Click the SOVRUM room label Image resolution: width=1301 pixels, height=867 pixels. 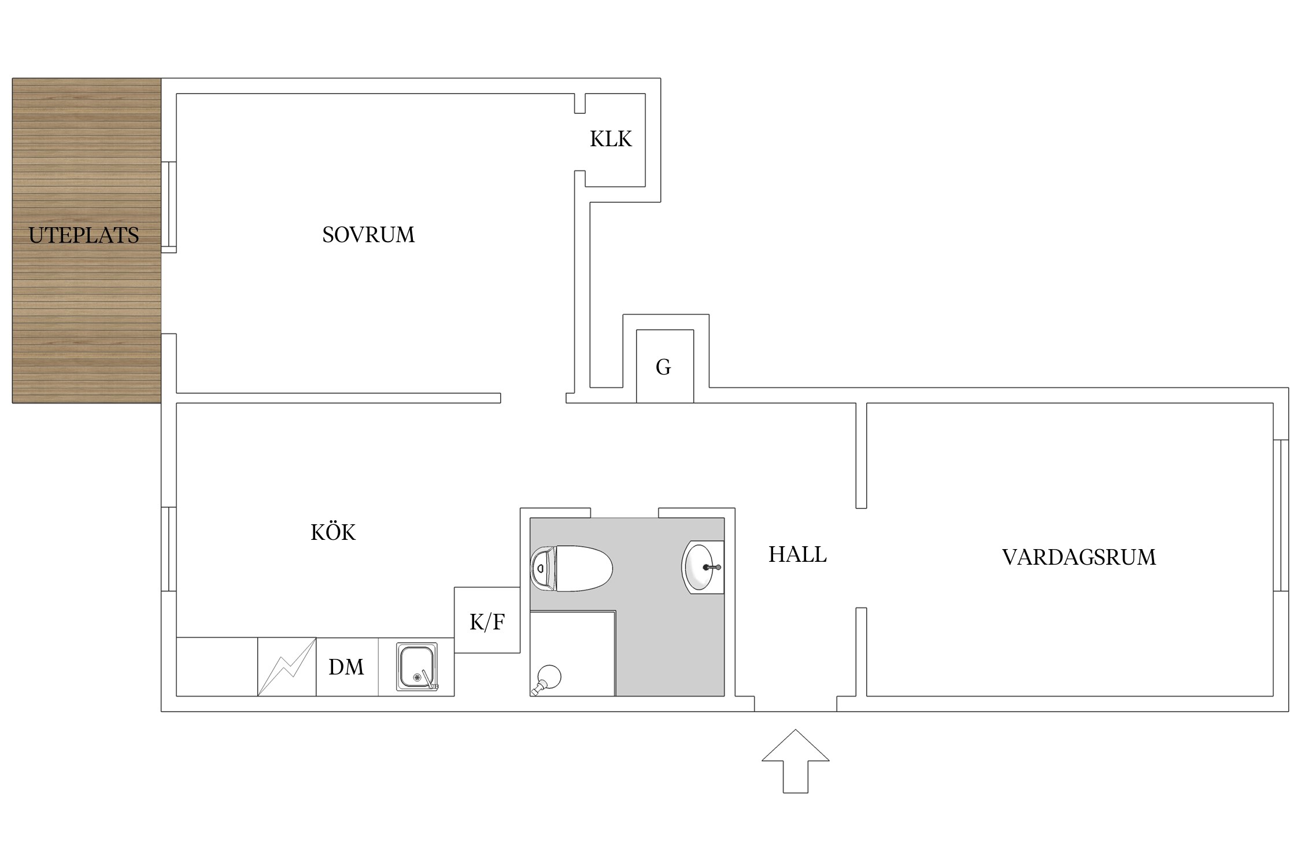coord(368,235)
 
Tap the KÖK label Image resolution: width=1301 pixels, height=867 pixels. coord(333,532)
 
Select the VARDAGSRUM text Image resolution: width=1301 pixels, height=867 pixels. coord(1079,557)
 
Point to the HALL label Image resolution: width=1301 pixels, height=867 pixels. coord(797,554)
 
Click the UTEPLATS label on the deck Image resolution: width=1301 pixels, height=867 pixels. coord(84,235)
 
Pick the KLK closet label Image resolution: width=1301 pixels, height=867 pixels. coord(611,139)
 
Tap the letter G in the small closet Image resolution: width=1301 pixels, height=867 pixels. coord(663,367)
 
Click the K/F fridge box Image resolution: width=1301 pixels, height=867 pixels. coord(487,620)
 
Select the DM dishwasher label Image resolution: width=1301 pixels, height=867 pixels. coord(346,667)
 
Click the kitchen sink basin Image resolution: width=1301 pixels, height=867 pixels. coord(417,667)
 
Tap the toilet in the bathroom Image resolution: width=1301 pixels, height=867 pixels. coord(571,568)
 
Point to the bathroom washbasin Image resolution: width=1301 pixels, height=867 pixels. coord(703,567)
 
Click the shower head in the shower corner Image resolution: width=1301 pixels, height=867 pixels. coord(547,679)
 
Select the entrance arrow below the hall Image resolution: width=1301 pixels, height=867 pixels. coord(796,761)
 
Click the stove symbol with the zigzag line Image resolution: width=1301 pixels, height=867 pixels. coord(287,667)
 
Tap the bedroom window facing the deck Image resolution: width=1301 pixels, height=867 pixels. coord(168,207)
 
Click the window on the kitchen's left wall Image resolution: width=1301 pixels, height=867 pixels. coord(168,549)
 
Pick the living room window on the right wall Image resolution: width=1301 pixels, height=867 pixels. coord(1281,516)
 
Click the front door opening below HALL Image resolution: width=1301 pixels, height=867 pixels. coord(795,703)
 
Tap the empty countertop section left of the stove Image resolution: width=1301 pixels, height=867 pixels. coord(217,667)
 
